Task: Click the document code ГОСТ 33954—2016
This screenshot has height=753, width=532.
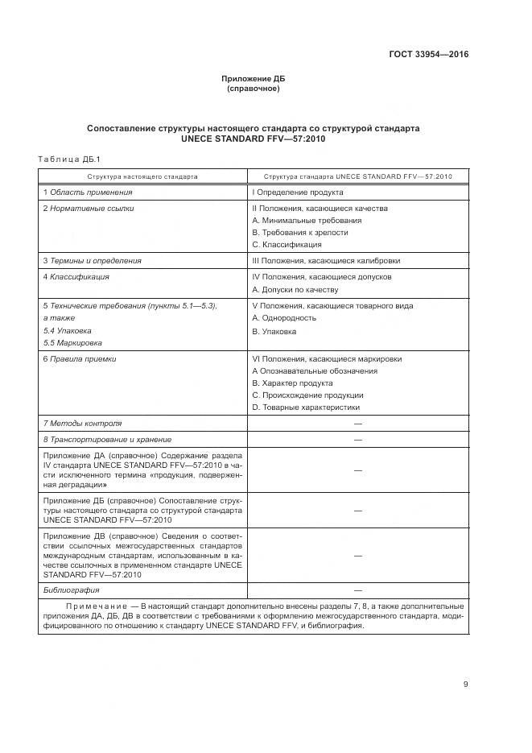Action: pyautogui.click(x=429, y=55)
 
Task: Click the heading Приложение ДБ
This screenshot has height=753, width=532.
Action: pyautogui.click(x=253, y=79)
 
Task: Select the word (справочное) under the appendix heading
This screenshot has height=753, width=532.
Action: pyautogui.click(x=253, y=89)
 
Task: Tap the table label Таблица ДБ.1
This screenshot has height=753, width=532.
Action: pyautogui.click(x=68, y=158)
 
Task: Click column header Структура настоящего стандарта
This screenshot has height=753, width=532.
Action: pyautogui.click(x=142, y=176)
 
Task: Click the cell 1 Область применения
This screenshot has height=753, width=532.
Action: pyautogui.click(x=87, y=192)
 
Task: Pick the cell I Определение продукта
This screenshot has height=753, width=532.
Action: pyautogui.click(x=298, y=192)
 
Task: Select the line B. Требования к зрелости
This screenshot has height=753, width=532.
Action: pyautogui.click(x=299, y=232)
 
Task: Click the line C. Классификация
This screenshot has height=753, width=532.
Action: pyautogui.click(x=287, y=244)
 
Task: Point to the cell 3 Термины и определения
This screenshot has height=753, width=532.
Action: pyautogui.click(x=92, y=261)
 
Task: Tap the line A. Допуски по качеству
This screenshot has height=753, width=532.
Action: pyautogui.click(x=295, y=289)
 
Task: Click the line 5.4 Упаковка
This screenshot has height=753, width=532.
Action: pyautogui.click(x=67, y=330)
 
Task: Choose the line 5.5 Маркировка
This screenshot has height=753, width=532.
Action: pyautogui.click(x=70, y=342)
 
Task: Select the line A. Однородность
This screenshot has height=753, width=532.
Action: pyautogui.click(x=283, y=318)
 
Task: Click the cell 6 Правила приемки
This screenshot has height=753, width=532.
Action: pyautogui.click(x=79, y=359)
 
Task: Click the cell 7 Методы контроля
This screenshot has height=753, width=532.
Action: pyautogui.click(x=82, y=423)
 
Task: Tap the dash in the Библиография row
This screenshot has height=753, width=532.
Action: pyautogui.click(x=357, y=590)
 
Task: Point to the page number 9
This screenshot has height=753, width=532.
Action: pyautogui.click(x=465, y=685)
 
